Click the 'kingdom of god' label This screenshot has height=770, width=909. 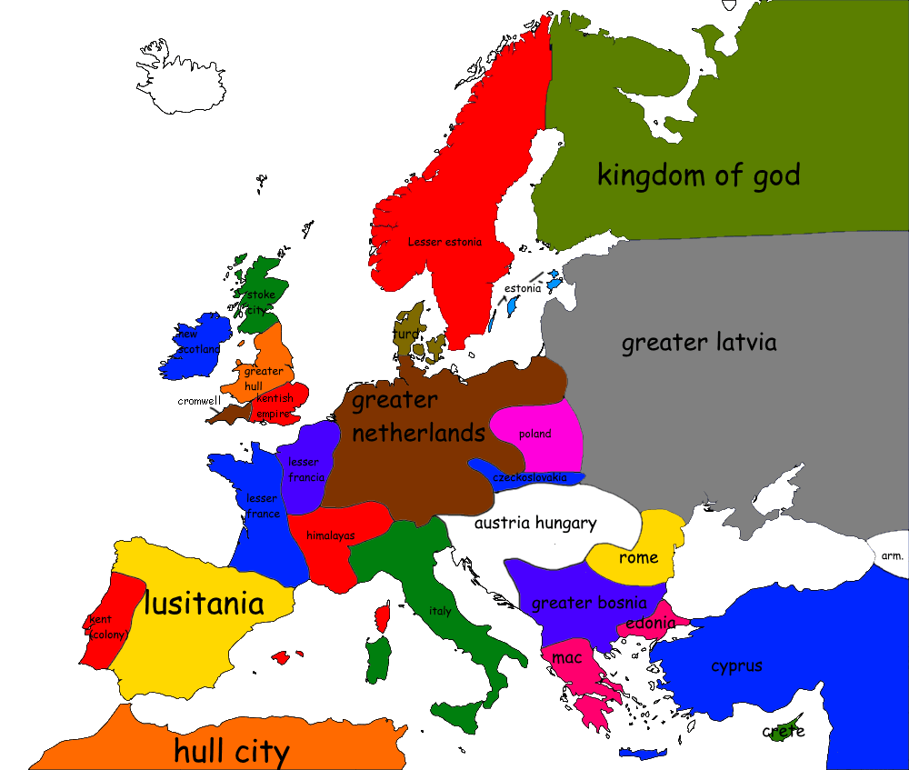[698, 175]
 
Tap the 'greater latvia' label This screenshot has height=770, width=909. [699, 343]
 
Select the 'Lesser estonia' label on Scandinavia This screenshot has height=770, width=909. [445, 242]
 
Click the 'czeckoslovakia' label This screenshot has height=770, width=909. [529, 477]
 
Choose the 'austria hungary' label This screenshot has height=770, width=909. [535, 523]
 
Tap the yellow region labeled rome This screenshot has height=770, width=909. [638, 557]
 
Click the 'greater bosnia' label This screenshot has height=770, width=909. [589, 603]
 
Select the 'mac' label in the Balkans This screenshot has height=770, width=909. [566, 657]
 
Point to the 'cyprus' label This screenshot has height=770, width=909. [736, 665]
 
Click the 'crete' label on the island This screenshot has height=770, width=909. [783, 731]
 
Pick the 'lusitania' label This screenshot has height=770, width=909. [205, 603]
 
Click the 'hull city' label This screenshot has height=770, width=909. [231, 751]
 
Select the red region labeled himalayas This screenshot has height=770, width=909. [330, 535]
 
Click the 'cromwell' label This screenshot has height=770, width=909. [199, 400]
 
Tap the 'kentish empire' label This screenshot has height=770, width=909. [274, 406]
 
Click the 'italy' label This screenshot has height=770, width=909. [440, 611]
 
